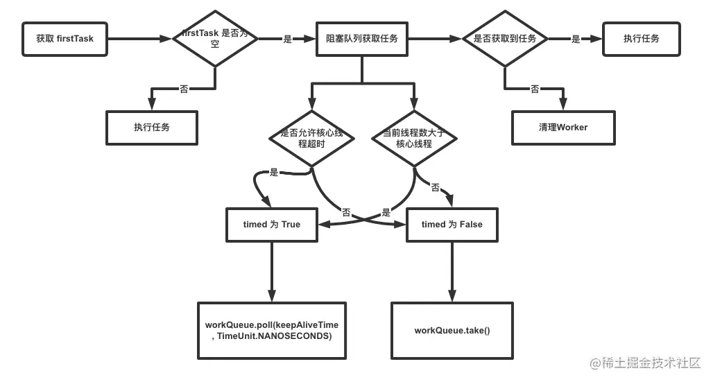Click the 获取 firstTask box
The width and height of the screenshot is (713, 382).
[x=65, y=39]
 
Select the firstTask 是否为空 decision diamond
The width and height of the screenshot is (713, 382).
[x=215, y=39]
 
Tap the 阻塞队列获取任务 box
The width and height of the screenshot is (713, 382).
[x=362, y=39]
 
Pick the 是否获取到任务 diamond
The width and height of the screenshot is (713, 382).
[x=505, y=39]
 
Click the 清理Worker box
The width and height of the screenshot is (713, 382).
[x=563, y=128]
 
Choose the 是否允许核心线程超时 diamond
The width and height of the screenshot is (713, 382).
[x=311, y=138]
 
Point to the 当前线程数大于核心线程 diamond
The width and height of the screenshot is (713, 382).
[x=414, y=138]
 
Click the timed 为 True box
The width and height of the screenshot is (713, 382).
[x=272, y=225]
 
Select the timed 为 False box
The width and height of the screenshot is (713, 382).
[x=452, y=225]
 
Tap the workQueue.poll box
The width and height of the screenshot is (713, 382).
[x=272, y=331]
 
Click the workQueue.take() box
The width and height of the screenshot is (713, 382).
[x=452, y=331]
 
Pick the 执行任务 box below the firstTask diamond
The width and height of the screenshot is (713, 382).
[x=152, y=128]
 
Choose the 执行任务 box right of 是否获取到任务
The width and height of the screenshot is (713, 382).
[x=641, y=39]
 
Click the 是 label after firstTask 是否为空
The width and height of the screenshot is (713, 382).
[x=287, y=39]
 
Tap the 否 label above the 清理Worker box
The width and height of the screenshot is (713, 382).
[x=535, y=89]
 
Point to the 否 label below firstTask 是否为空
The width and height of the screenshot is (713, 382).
[x=184, y=89]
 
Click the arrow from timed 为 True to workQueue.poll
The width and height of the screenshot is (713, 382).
[x=272, y=272]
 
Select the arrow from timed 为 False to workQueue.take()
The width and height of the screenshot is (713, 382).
[x=452, y=272]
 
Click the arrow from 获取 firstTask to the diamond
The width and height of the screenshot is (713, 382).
[x=140, y=39]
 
